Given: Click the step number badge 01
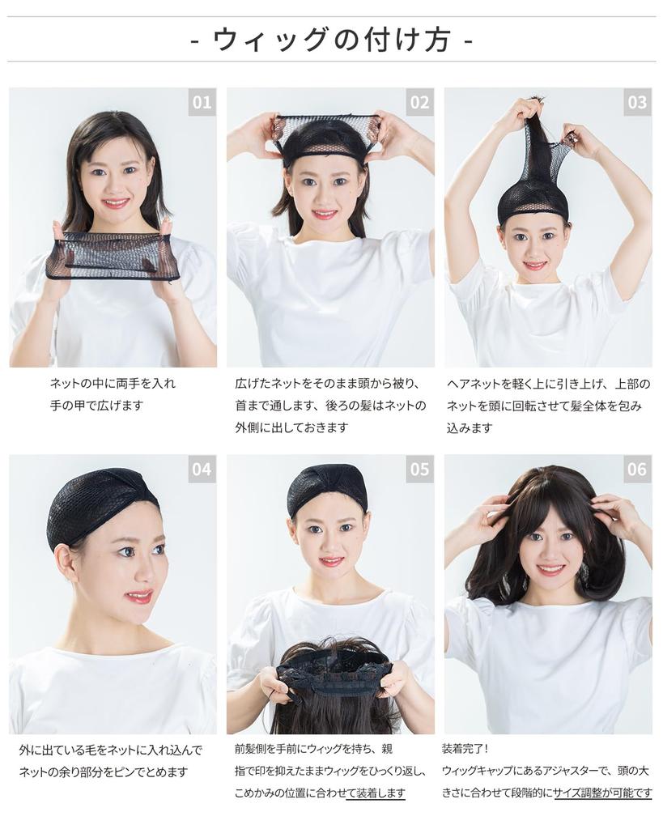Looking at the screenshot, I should coord(202,102).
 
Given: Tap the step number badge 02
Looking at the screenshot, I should coord(419,102).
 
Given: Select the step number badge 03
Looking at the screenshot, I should coord(637,102).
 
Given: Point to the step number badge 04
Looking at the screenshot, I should coord(202,469).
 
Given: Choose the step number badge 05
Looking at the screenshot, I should coord(419,469).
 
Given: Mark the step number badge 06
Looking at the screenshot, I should coord(637,469).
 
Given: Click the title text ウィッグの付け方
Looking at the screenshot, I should coord(331,39).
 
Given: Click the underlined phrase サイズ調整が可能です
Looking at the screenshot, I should coord(602,793).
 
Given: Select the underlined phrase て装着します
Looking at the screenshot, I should coord(376,793).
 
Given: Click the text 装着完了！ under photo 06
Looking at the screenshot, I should coord(465,749).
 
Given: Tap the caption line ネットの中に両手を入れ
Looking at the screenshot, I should coord(113,383).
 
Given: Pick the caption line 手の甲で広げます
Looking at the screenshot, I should coord(96,406).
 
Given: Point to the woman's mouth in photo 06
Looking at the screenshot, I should coord(550,569).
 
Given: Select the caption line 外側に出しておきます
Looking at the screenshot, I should coord(291,427).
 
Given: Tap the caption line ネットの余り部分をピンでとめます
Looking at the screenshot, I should coord(103,772).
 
